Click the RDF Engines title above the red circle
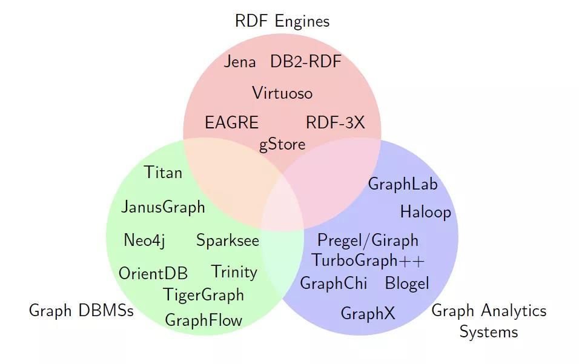pos(282,22)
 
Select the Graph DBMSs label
pos(81,311)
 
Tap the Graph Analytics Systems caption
pos(489,321)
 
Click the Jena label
pos(240,62)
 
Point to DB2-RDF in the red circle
pos(306,62)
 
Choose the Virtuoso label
pos(282,93)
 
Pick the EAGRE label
pos(232,122)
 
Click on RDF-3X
pos(336,122)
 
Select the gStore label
pos(282,145)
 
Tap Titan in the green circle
pos(164,173)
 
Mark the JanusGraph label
pos(163,208)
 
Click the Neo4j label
pos(144,240)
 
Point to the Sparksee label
pos(228,240)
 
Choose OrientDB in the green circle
pos(153,274)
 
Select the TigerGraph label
pos(203,295)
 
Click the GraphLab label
pos(403,184)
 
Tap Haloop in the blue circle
pos(426,212)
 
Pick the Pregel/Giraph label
pos(368,240)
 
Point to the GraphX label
pos(368,314)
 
